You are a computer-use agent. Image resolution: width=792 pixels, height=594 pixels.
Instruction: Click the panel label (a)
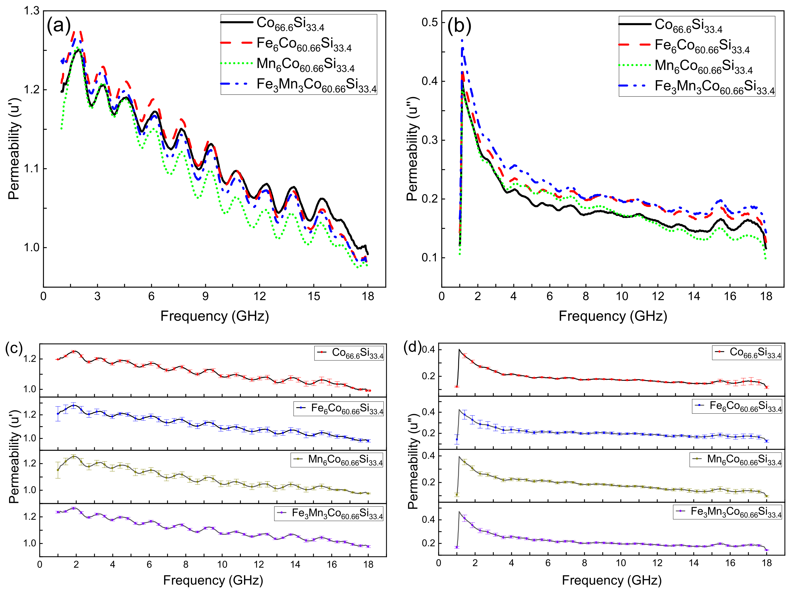pos(59,26)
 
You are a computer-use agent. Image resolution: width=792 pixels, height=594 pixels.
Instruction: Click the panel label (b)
pos(459,26)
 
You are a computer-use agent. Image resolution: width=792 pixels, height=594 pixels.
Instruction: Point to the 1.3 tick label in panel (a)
pos(31,11)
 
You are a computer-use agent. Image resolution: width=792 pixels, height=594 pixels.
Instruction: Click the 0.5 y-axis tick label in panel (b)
pos(429,22)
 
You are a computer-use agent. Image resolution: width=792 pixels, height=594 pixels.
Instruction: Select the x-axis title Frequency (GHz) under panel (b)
pos(613,316)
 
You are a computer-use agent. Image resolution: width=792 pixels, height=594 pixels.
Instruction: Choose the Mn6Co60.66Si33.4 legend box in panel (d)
pos(736,460)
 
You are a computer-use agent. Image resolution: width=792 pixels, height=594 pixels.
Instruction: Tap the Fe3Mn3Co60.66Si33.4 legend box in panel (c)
pos(329,513)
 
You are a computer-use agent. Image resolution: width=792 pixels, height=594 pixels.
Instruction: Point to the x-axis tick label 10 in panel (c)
pos(222,565)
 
